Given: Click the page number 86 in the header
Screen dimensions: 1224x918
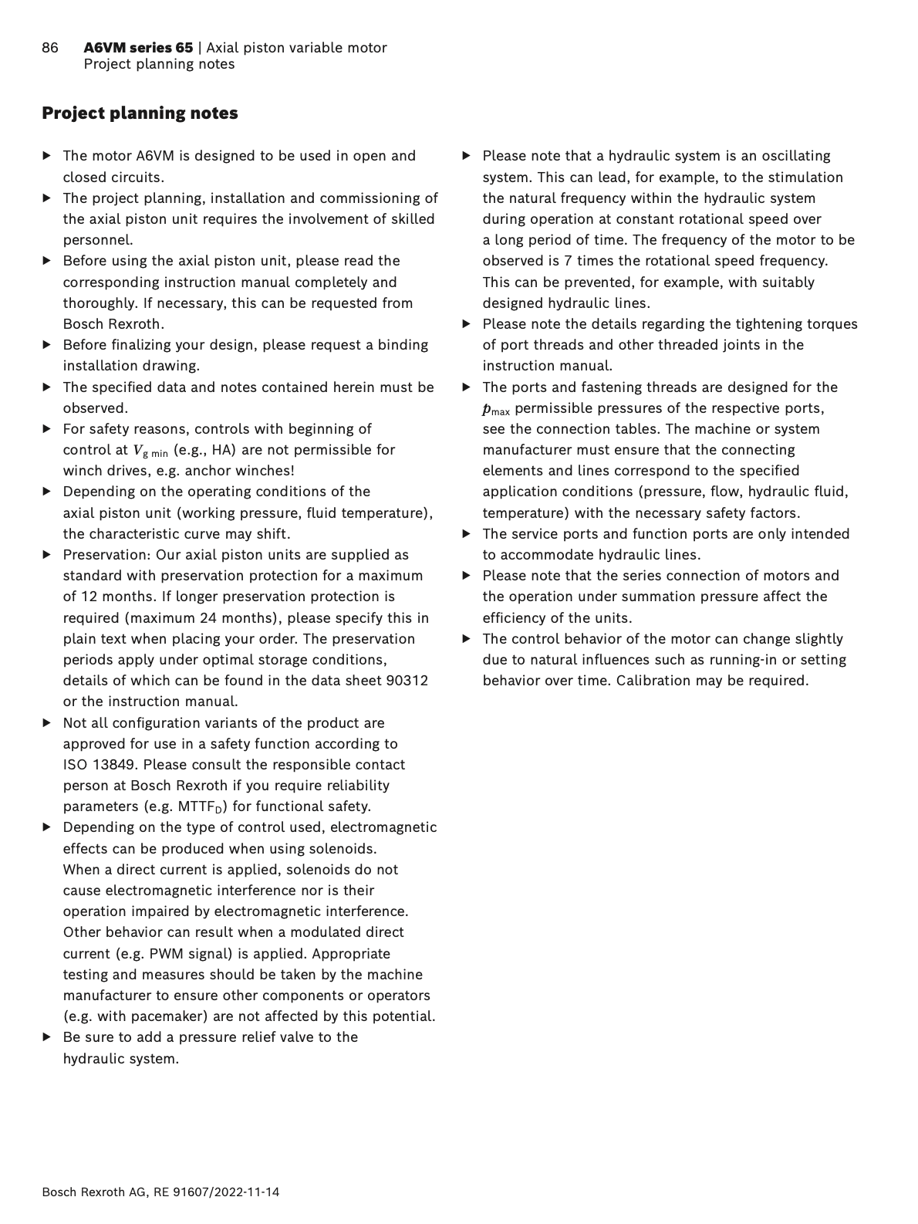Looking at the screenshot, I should pyautogui.click(x=50, y=48).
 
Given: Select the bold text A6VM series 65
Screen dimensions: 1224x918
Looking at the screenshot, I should pyautogui.click(x=138, y=48).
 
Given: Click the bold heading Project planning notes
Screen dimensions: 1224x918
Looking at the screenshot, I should pyautogui.click(x=140, y=113).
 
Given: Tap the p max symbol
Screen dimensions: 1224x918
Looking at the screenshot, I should pyautogui.click(x=496, y=409).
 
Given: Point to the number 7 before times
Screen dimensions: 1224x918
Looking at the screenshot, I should pyautogui.click(x=568, y=261).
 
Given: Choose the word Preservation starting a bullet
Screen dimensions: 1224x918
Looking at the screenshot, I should pyautogui.click(x=106, y=555).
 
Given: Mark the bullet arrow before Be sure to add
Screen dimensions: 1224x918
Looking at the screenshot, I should pyautogui.click(x=47, y=1037).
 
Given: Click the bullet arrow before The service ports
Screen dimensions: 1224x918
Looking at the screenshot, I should pyautogui.click(x=466, y=534).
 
